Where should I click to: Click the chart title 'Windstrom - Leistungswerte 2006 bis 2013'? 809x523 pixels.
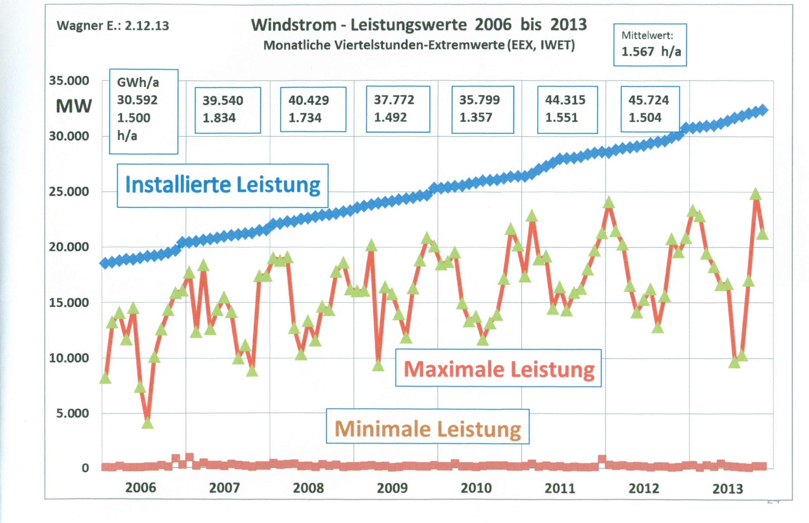coord(419,25)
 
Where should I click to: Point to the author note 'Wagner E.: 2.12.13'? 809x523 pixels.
coord(113,26)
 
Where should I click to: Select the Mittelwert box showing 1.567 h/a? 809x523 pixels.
coord(650,45)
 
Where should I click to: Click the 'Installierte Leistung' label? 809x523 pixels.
coord(223,185)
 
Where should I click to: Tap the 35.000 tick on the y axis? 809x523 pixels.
coord(69,81)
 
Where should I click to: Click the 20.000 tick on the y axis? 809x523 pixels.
coord(69,247)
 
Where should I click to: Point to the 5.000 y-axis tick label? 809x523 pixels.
coord(72,413)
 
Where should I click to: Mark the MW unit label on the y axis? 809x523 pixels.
coord(74,106)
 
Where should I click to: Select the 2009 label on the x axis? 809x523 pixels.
coord(392,488)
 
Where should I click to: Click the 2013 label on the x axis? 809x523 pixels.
coord(727,489)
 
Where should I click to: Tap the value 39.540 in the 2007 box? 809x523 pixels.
coord(223,101)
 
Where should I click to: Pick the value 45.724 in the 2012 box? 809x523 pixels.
coord(648,100)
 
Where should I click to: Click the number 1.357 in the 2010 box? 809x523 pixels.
coord(476,117)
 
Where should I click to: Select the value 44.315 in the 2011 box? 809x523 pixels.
coord(565,100)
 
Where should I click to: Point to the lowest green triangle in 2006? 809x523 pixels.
coord(147,423)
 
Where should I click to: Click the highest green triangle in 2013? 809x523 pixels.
coord(755,195)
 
